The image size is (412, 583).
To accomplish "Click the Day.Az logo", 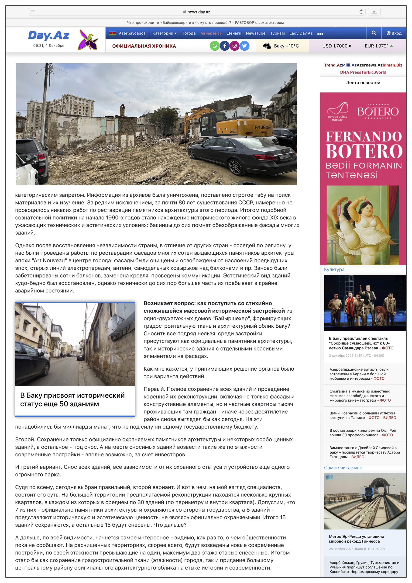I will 48,35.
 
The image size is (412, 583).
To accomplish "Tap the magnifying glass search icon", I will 374,33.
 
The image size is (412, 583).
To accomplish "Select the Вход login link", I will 394,33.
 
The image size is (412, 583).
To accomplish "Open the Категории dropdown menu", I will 164,33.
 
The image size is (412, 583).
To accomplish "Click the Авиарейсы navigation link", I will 211,33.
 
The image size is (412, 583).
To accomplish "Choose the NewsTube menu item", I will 255,33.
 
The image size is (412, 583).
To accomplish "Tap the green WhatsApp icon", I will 215,46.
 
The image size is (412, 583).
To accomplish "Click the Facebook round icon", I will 224,46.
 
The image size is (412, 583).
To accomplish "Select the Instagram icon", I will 235,46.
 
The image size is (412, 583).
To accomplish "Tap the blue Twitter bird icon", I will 244,46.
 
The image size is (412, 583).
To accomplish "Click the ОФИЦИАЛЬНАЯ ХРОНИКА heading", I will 144,46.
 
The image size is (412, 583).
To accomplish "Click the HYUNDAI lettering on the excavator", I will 263,128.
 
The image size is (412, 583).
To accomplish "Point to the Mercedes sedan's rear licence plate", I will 284,157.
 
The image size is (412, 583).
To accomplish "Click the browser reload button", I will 361,12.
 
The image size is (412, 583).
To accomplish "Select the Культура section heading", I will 334,269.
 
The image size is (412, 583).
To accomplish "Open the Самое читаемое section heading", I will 343,468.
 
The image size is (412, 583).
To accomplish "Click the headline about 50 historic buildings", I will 72,399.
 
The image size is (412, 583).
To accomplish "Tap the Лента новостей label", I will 363,83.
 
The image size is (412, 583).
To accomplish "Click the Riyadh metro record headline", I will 356,538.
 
